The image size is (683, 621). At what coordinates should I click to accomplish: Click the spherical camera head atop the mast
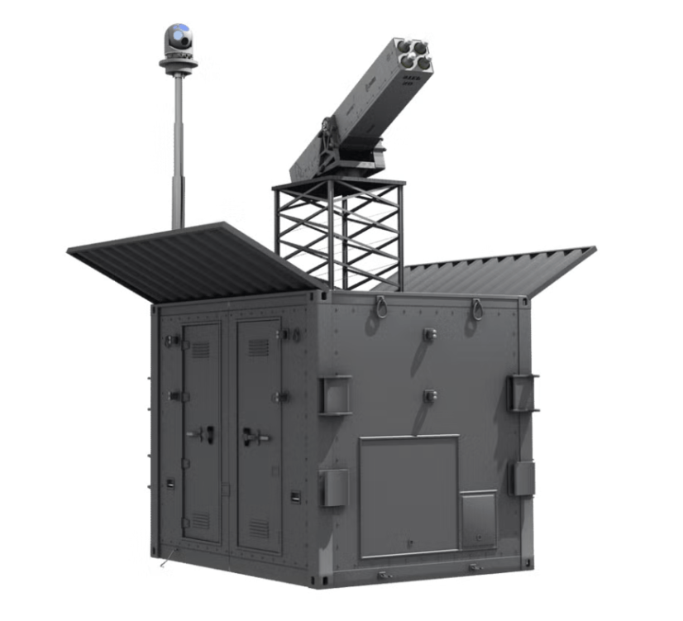[x=178, y=37]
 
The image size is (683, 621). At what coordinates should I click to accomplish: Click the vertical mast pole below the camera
[x=177, y=149]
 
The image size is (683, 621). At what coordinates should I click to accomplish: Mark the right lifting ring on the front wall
[x=477, y=308]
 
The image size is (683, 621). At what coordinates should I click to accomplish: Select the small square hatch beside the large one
[x=478, y=518]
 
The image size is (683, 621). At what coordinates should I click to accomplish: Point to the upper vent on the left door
[x=200, y=349]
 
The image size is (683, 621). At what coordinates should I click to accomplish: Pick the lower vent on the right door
[x=258, y=528]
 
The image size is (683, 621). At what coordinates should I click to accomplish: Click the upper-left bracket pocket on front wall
[x=336, y=394]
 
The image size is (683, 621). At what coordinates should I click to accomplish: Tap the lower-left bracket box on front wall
[x=335, y=487]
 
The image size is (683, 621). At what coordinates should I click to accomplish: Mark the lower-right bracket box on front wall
[x=523, y=478]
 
